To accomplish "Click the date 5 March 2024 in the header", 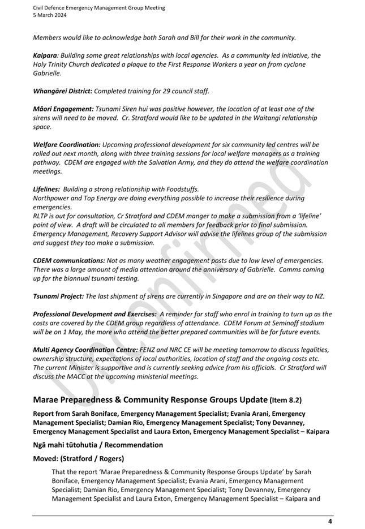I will (x=50, y=15).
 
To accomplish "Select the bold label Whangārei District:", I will (x=62, y=91).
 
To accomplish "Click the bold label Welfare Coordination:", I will (x=67, y=144).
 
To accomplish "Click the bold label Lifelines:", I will (x=46, y=189).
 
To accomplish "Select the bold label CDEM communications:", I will (x=69, y=260).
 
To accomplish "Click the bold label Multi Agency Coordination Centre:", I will (x=85, y=350).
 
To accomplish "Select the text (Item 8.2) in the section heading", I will (x=285, y=400).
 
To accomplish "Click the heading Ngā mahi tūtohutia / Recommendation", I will (x=98, y=445).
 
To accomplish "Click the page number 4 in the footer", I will (x=330, y=521).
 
